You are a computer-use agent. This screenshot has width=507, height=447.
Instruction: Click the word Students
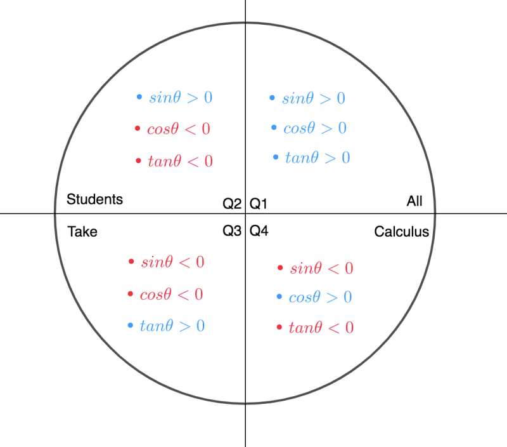94,199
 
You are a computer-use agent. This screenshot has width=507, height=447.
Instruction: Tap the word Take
82,232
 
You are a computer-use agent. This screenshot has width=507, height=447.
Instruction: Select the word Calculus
402,232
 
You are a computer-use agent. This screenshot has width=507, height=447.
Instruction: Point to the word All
414,201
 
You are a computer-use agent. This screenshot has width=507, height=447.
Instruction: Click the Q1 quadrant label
259,204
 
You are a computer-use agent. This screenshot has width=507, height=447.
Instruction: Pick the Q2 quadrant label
232,204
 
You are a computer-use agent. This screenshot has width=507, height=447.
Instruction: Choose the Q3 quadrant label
232,231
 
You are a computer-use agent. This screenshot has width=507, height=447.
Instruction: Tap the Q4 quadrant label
259,231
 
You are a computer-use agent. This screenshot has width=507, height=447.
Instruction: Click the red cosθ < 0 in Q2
179,129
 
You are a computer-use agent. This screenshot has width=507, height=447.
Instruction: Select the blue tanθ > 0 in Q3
172,326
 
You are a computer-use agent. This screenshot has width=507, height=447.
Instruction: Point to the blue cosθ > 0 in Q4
321,297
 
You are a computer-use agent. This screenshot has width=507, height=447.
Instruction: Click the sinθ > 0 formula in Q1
314,98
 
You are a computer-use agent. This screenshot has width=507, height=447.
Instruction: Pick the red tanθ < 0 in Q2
181,161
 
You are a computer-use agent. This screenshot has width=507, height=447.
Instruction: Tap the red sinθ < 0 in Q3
172,262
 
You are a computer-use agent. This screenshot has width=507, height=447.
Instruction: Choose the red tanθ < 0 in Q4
321,328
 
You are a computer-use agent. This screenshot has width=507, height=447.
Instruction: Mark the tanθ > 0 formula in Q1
318,157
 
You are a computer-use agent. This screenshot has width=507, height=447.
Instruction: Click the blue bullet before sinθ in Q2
139,97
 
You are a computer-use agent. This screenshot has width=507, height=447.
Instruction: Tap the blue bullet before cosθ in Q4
279,297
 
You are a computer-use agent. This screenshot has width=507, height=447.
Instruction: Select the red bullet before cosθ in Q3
131,294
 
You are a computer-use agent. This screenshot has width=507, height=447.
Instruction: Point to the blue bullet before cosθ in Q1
274,127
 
